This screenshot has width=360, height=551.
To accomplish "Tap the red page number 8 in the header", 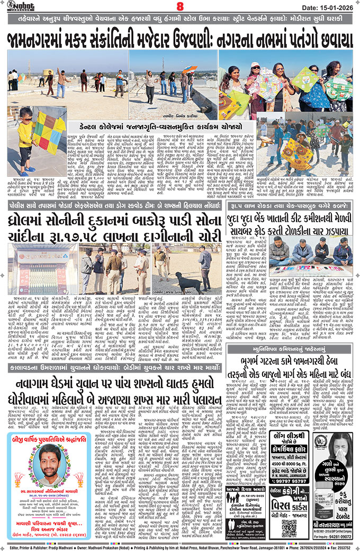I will click(180, 7).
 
